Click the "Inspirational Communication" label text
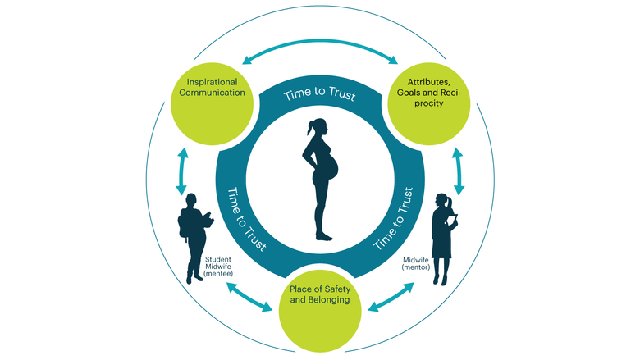point(212,87)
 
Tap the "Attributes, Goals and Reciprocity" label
point(428,93)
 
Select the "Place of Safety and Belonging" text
point(320,294)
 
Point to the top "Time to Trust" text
point(320,94)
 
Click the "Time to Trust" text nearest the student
point(246,219)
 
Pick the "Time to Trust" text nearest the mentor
point(394,218)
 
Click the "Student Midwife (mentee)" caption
point(218,267)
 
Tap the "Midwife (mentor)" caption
point(416,263)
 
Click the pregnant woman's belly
point(332,167)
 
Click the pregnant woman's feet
point(324,236)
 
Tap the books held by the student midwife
point(209,220)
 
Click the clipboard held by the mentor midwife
point(452,219)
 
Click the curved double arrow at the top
point(320,41)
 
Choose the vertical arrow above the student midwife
point(181,171)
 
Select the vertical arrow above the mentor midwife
point(459,171)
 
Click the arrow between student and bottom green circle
point(249,297)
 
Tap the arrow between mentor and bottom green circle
point(391,297)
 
